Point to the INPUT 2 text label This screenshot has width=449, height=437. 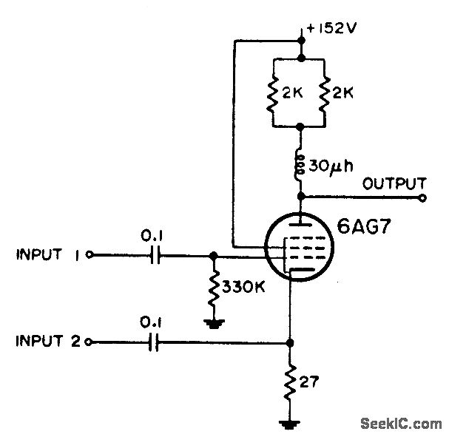coord(47,342)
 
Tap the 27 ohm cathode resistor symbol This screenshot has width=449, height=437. coord(290,382)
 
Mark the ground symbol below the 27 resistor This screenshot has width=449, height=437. coord(290,424)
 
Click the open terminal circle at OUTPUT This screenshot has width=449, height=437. coord(424,198)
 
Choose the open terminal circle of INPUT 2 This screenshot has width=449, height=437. coord(90,342)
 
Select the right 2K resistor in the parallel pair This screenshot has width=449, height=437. coord(326,93)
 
